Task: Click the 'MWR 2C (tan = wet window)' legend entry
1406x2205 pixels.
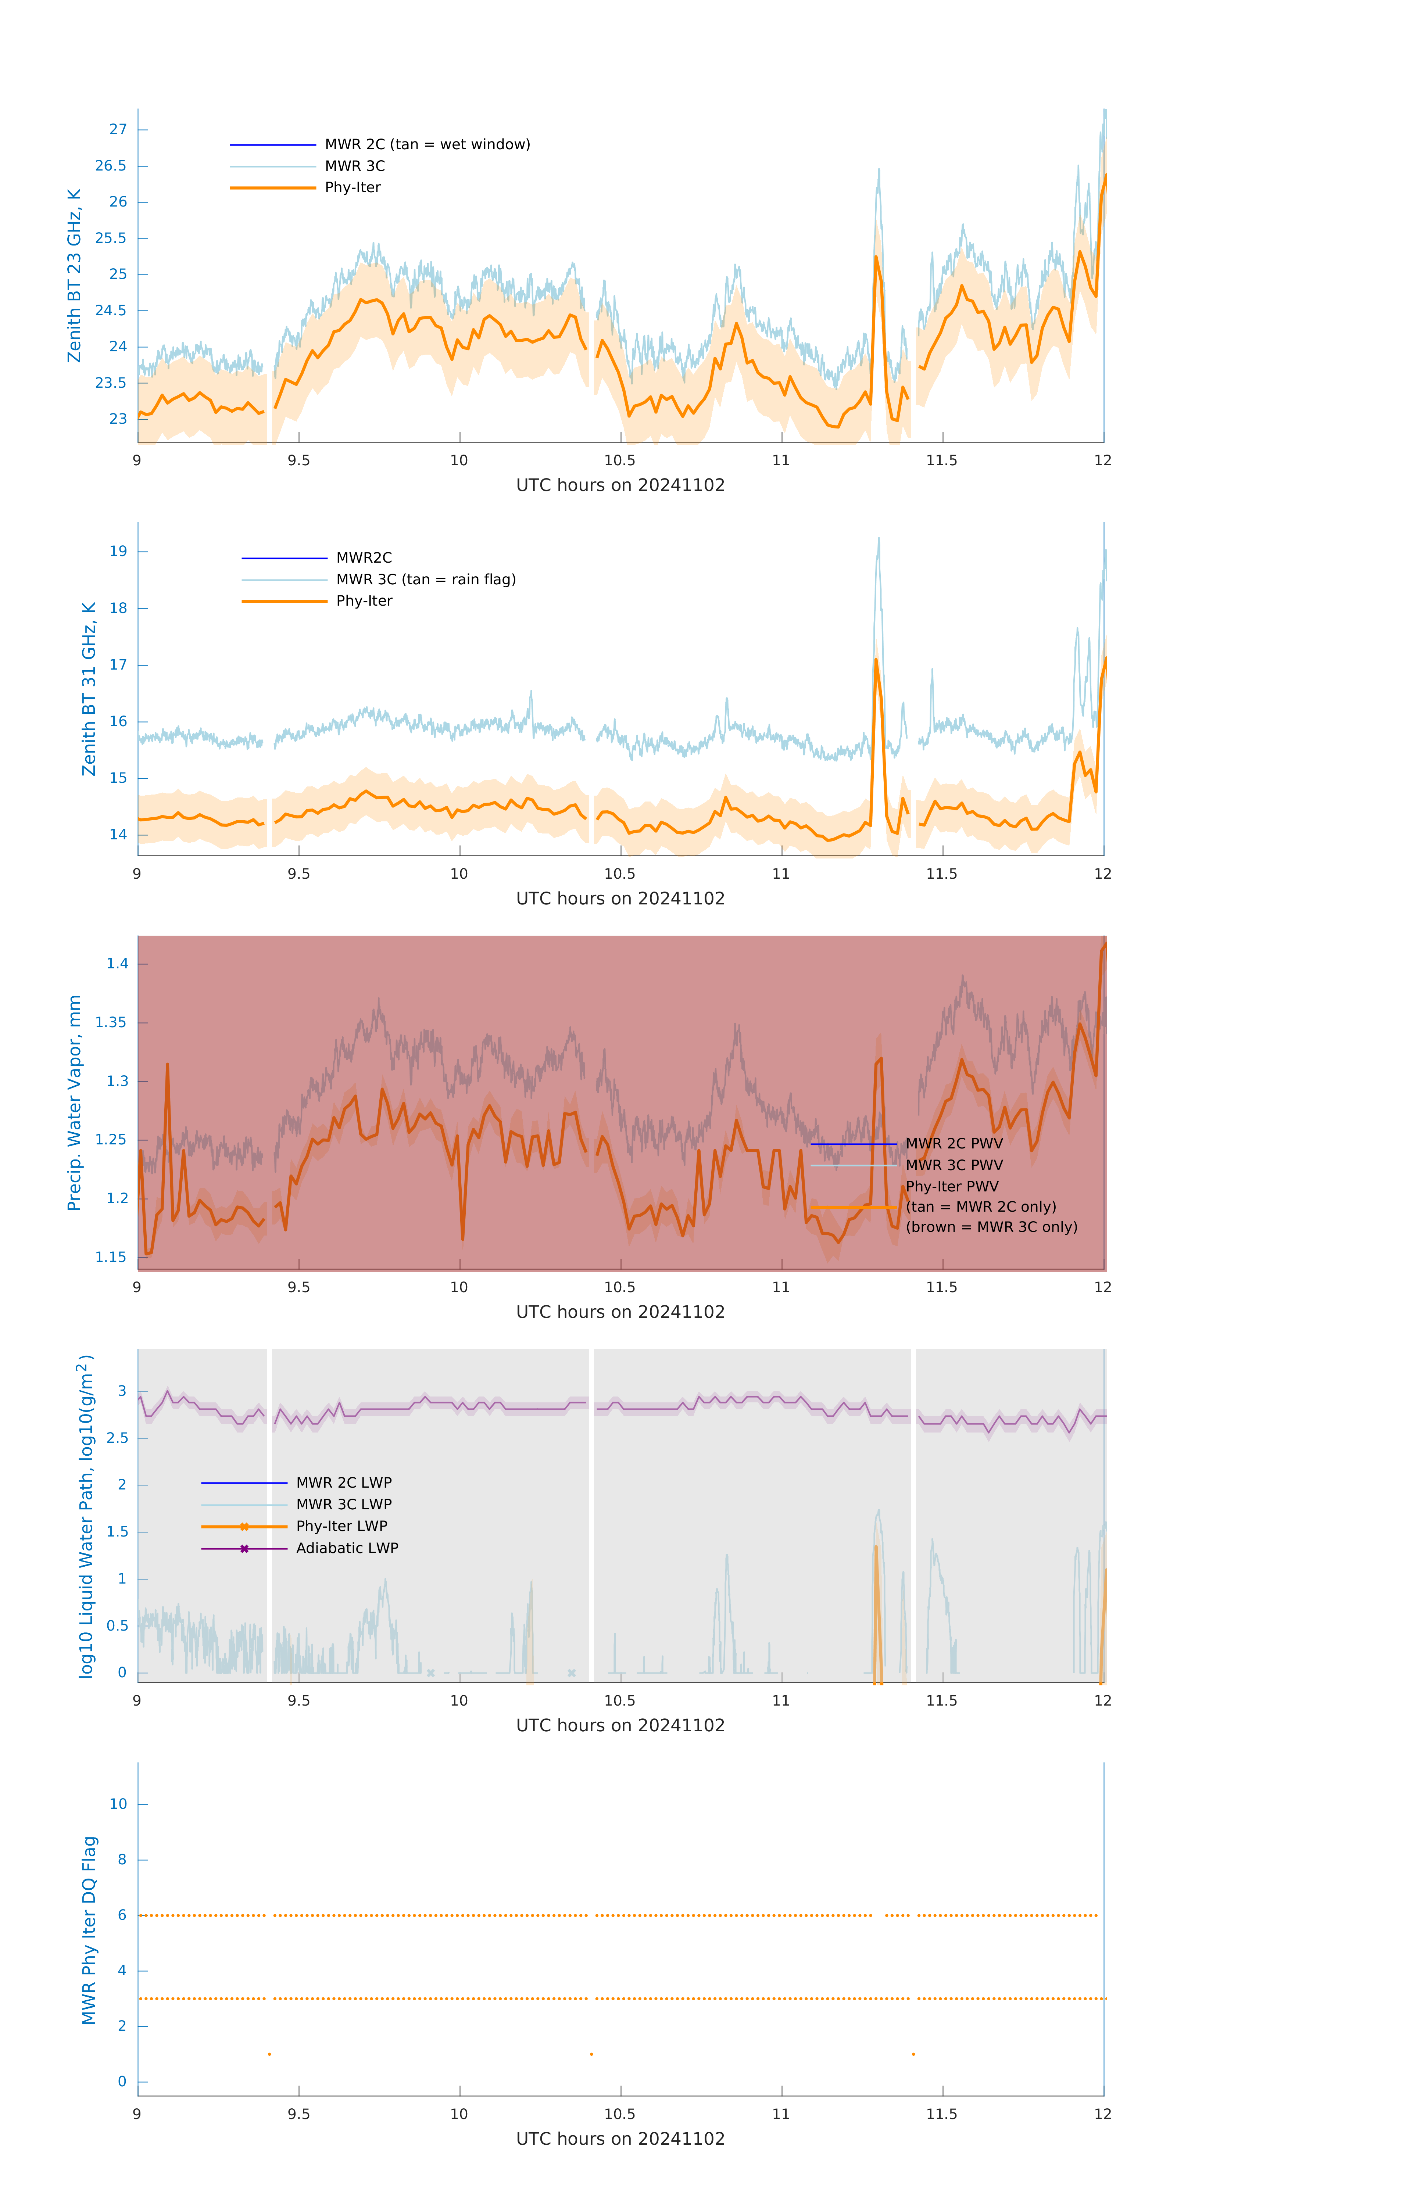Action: (427, 145)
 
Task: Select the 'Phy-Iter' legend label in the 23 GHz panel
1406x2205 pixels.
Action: (353, 188)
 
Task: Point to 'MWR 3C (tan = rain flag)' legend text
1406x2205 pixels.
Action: (426, 580)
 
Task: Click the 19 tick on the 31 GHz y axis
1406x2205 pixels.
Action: (118, 551)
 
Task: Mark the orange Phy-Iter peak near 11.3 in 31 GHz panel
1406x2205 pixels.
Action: (876, 659)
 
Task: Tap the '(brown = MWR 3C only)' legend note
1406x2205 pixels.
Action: (991, 1227)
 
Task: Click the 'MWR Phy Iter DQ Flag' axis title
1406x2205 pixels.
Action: (89, 1930)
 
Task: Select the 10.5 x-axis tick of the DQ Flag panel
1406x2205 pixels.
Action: (620, 2114)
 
